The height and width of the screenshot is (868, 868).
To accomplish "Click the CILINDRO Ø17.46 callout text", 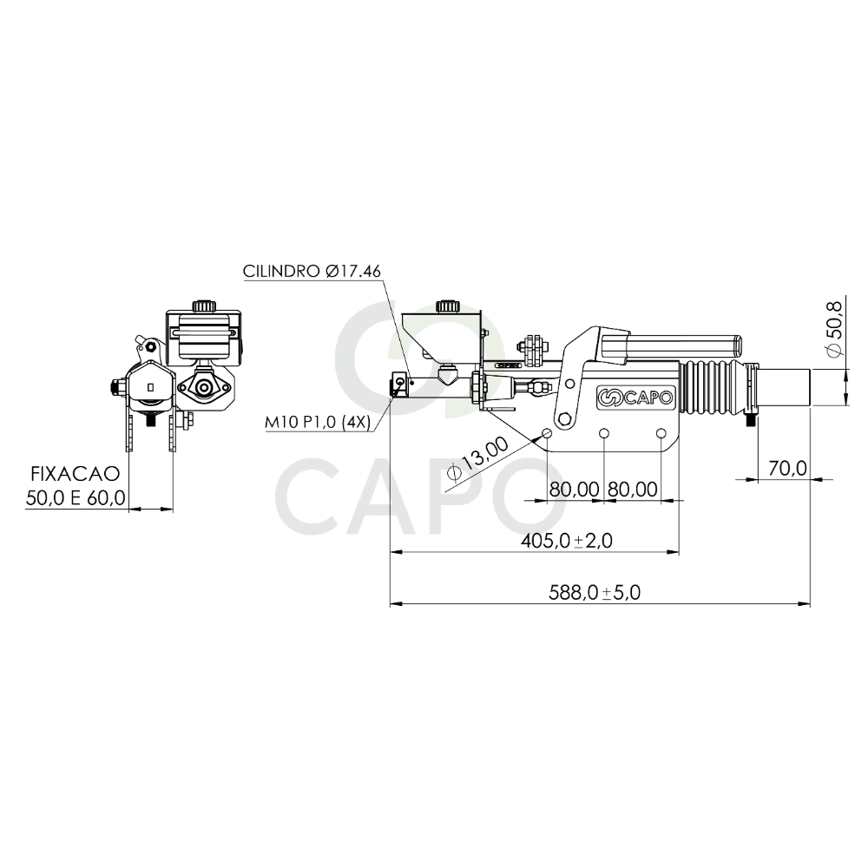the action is (x=312, y=271).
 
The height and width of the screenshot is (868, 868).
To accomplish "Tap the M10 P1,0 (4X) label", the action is (x=318, y=423).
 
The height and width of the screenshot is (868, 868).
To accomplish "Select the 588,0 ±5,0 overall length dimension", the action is (x=595, y=593).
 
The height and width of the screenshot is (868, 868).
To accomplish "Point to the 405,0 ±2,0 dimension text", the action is (x=566, y=540).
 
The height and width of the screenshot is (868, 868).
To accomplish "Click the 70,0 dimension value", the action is (x=788, y=469).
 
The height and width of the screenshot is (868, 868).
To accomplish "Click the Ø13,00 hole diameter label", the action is (x=477, y=458).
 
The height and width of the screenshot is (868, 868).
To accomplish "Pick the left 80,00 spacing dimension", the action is (x=574, y=490).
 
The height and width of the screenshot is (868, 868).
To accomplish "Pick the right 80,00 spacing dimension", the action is (x=633, y=490).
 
